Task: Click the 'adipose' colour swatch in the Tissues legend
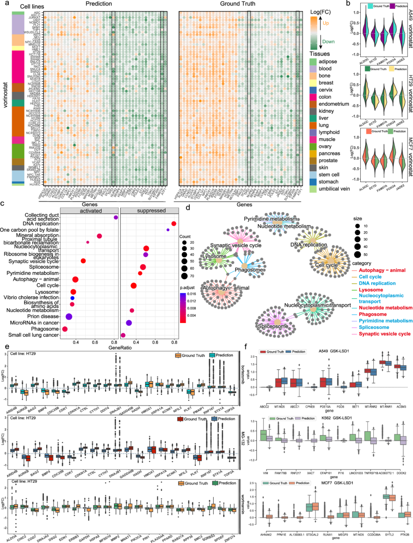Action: [313, 62]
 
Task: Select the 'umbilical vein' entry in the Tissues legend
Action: [334, 189]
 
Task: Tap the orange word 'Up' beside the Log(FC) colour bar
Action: [326, 23]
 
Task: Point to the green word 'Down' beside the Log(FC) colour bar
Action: [328, 42]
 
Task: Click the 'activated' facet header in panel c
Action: [91, 211]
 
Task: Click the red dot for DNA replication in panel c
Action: [174, 224]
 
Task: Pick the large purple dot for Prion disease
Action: [69, 317]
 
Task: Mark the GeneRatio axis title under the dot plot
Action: [120, 348]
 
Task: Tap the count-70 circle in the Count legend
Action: [184, 276]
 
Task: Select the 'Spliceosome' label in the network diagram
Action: [273, 326]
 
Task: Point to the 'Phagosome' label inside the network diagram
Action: [249, 270]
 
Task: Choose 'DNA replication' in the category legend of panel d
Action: [377, 283]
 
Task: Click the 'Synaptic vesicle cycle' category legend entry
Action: [384, 334]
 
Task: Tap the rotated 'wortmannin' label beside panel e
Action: [243, 504]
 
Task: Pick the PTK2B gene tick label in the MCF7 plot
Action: [404, 535]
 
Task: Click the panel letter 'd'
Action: [188, 208]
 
